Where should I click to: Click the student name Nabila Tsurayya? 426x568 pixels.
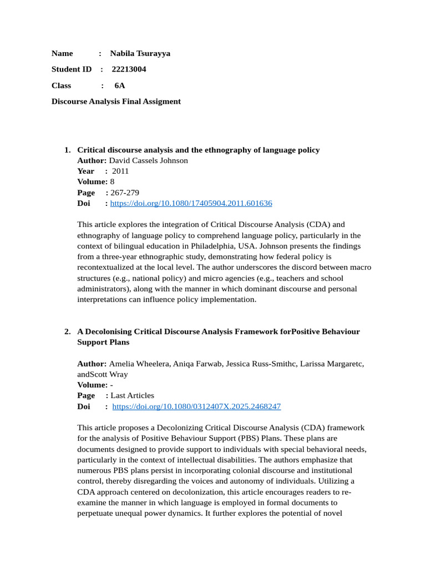tap(140, 53)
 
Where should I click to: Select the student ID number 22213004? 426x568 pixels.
tap(129, 69)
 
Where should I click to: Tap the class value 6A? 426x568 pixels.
tap(120, 85)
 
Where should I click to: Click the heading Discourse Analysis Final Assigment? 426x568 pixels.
tap(116, 102)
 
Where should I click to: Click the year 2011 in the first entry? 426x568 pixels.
tap(120, 171)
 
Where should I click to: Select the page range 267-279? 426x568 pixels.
tap(125, 192)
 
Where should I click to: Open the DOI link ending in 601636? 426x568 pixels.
tap(191, 203)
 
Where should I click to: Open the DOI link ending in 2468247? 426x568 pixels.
tap(196, 406)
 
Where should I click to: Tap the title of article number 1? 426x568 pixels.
tap(198, 150)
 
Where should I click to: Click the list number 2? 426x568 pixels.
tap(67, 331)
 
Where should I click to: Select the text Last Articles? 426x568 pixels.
tap(133, 395)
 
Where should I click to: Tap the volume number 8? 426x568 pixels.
tap(113, 181)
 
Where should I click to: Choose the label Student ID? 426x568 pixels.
tap(72, 69)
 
